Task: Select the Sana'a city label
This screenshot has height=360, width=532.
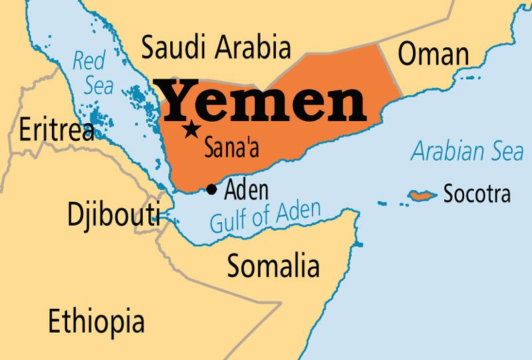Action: [232, 146]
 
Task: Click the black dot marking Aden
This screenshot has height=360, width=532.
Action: [211, 190]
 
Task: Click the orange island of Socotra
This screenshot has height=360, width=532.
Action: [421, 196]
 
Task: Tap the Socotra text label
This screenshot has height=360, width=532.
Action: [477, 194]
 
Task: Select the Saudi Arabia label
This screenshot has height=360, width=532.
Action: [217, 49]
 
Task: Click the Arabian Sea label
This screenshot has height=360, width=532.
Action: [467, 152]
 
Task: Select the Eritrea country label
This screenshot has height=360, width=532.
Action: [57, 130]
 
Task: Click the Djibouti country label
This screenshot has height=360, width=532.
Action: [114, 214]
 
